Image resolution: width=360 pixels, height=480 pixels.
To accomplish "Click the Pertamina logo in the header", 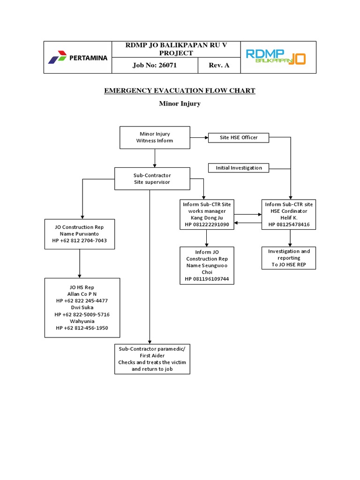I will coord(77,58).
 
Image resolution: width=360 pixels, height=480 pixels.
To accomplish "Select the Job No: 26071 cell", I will coord(155,65).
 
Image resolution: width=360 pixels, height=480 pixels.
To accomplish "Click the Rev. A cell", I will coord(219,65).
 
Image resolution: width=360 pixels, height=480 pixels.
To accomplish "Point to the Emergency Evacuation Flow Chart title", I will coord(180,90).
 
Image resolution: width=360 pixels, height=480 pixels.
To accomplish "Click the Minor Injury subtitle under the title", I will coord(180,104).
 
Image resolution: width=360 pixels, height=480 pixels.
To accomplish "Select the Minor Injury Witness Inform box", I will coord(155,137).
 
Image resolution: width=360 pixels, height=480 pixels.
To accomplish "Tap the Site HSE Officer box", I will coord(239,137).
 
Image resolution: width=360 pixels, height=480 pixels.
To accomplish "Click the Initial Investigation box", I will coord(239,167).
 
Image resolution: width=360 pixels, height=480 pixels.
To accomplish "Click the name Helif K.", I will coord(289,218).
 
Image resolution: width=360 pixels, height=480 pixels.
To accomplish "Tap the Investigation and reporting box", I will coord(289,258).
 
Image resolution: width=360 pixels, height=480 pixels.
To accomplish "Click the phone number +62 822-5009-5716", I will coord(82,315).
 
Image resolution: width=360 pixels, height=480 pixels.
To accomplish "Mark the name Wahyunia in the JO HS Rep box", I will coord(82,321).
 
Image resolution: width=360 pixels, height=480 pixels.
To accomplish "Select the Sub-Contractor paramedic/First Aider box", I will coord(152,359).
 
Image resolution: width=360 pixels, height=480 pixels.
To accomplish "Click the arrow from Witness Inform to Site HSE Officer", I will coord(199,137).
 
